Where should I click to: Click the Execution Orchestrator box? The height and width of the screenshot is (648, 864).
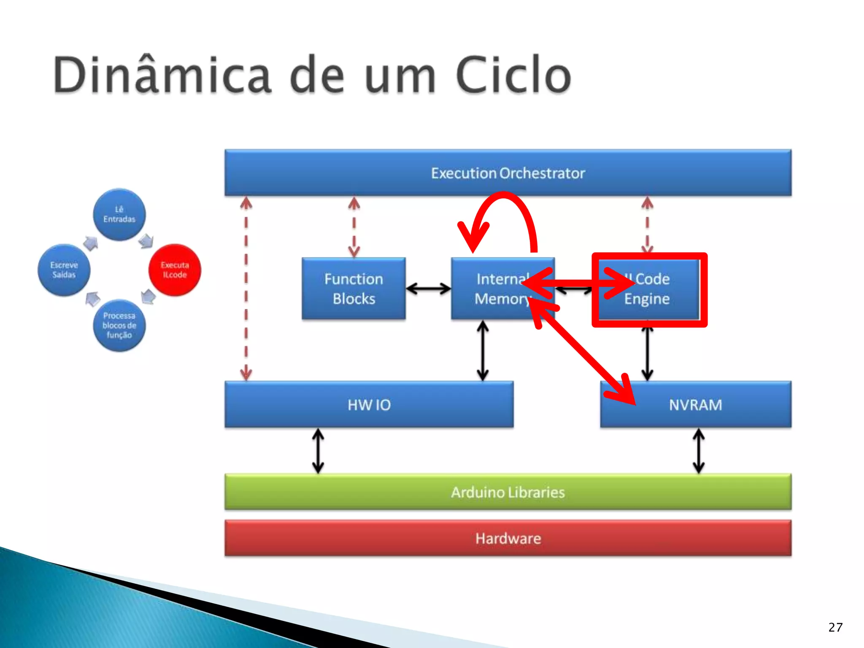pos(508,173)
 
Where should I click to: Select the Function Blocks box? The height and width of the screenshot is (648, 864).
pos(354,289)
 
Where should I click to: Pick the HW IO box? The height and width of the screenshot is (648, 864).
pos(369,405)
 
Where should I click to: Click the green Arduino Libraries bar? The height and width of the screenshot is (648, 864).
pos(508,492)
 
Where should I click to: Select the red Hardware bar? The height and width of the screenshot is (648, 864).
pos(508,538)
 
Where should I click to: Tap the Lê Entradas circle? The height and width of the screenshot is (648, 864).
pos(119,214)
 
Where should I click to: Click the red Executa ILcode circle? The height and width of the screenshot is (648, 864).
pos(175,270)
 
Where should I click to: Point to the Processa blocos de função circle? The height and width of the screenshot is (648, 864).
pos(119,325)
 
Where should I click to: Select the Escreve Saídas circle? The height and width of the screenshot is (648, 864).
pos(64,270)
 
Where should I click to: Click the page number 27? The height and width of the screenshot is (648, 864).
pos(835,627)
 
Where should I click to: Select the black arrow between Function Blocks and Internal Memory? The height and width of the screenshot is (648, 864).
pos(428,289)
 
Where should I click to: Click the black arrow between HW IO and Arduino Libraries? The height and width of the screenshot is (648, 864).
pos(318,451)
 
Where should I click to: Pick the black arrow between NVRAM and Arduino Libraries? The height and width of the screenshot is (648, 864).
pos(699,451)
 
